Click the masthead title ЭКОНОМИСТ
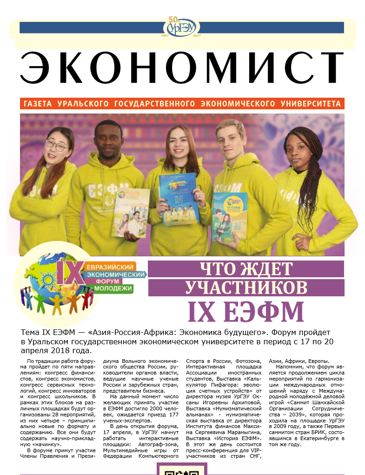(182, 68)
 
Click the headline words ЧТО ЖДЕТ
(246, 269)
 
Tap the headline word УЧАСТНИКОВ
(246, 287)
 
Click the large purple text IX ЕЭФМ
(246, 311)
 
